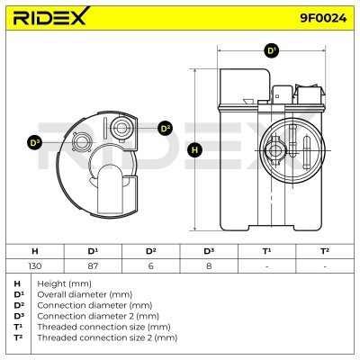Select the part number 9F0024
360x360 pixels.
[x=323, y=18]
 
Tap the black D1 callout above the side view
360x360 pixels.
[x=272, y=50]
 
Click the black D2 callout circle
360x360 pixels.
[x=165, y=129]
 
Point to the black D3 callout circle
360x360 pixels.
[x=34, y=143]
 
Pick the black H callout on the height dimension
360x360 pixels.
[x=194, y=149]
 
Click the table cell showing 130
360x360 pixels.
[x=35, y=265]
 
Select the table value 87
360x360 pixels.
[x=93, y=265]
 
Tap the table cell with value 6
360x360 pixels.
[x=151, y=265]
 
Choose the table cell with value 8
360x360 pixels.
[x=209, y=265]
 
